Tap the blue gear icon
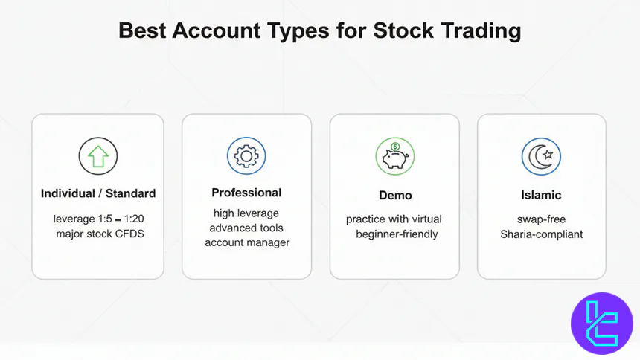coord(246,155)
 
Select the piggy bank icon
coord(394,156)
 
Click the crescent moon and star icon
coord(541,156)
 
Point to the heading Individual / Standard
coord(98,193)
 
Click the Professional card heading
coord(246,193)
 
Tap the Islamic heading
coord(541,196)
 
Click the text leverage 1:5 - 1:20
coord(98,219)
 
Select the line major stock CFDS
coord(98,234)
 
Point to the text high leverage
coord(246,213)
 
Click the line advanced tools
coord(246,228)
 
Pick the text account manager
coord(246,242)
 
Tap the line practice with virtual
coord(394,219)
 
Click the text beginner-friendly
coord(396,234)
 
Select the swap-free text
coord(541,219)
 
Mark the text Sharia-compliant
coord(541,234)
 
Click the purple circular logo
coord(601,323)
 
